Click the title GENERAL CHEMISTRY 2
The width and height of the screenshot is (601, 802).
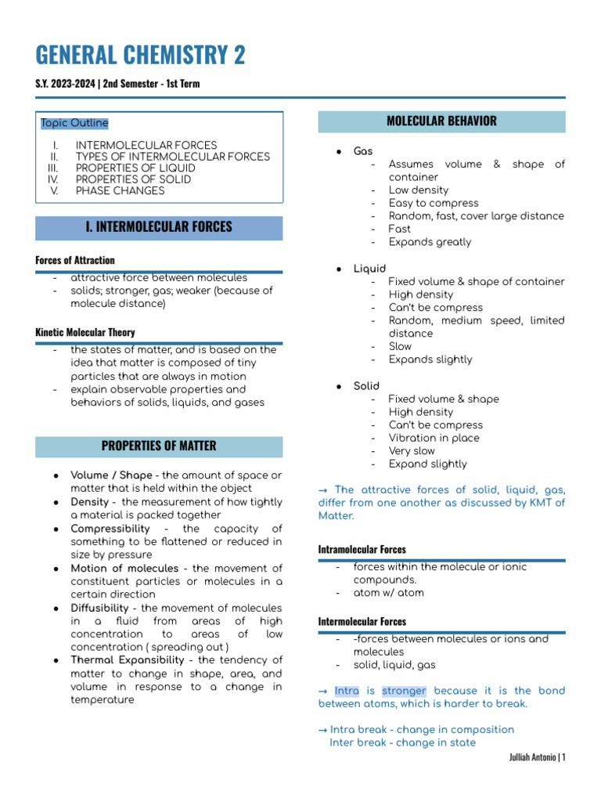coord(141,55)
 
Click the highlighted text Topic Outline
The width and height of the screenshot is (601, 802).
coord(74,123)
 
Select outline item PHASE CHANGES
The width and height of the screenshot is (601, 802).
coord(120,190)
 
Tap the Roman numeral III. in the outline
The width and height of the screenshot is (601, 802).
coord(53,168)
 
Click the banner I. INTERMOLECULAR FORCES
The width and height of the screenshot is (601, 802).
coord(159,227)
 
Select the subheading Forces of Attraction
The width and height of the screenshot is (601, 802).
coord(75,260)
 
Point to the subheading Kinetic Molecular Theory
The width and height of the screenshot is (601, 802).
coord(85,332)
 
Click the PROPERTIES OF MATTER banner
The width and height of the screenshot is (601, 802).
coord(159,446)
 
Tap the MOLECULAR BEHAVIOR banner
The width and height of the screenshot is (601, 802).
coord(441,121)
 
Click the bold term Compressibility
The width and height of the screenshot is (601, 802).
coord(110,529)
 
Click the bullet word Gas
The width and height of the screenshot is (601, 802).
coord(363,151)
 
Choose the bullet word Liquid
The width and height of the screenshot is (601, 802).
coord(369,269)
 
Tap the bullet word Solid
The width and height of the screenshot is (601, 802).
coord(366,386)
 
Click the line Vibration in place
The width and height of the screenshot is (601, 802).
coord(434,438)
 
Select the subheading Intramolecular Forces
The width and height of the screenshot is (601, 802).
coord(362,550)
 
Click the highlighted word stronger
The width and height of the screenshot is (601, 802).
coord(404,691)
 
